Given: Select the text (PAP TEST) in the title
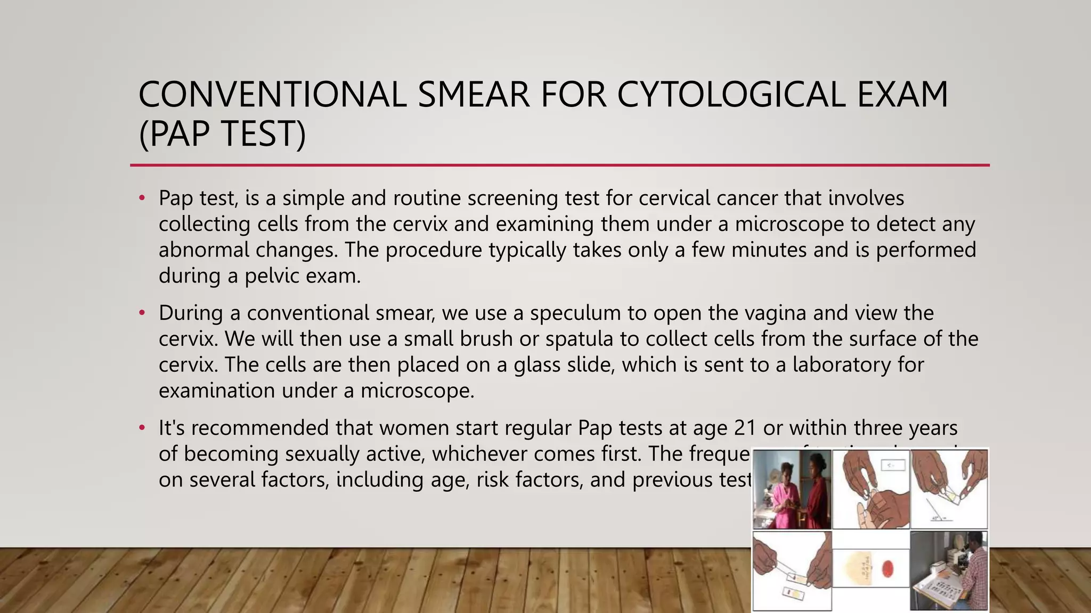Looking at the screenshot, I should click(222, 134).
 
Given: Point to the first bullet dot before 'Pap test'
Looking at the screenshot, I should click(142, 198).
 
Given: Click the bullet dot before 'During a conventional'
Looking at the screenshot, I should click(142, 313).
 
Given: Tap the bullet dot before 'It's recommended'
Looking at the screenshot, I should click(142, 428).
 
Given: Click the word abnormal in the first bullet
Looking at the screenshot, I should click(203, 250).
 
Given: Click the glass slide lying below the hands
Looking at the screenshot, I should click(788, 591).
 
